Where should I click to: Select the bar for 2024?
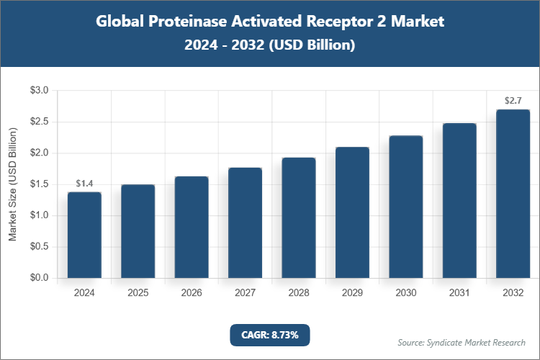84,235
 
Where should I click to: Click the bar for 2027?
245,222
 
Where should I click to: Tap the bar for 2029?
352,212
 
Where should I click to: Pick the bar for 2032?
513,194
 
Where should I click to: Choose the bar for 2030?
405,207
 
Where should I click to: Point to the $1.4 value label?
84,184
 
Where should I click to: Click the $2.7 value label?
513,101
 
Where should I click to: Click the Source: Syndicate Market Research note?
462,342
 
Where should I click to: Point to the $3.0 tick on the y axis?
39,91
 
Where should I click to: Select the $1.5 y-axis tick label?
39,184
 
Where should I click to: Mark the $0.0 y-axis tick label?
39,278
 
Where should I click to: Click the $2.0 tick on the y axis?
39,153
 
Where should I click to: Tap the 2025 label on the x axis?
138,293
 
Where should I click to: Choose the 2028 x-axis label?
298,293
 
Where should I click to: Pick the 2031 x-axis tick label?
459,293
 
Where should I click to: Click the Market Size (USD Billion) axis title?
12,184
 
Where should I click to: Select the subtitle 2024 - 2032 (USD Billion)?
270,45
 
